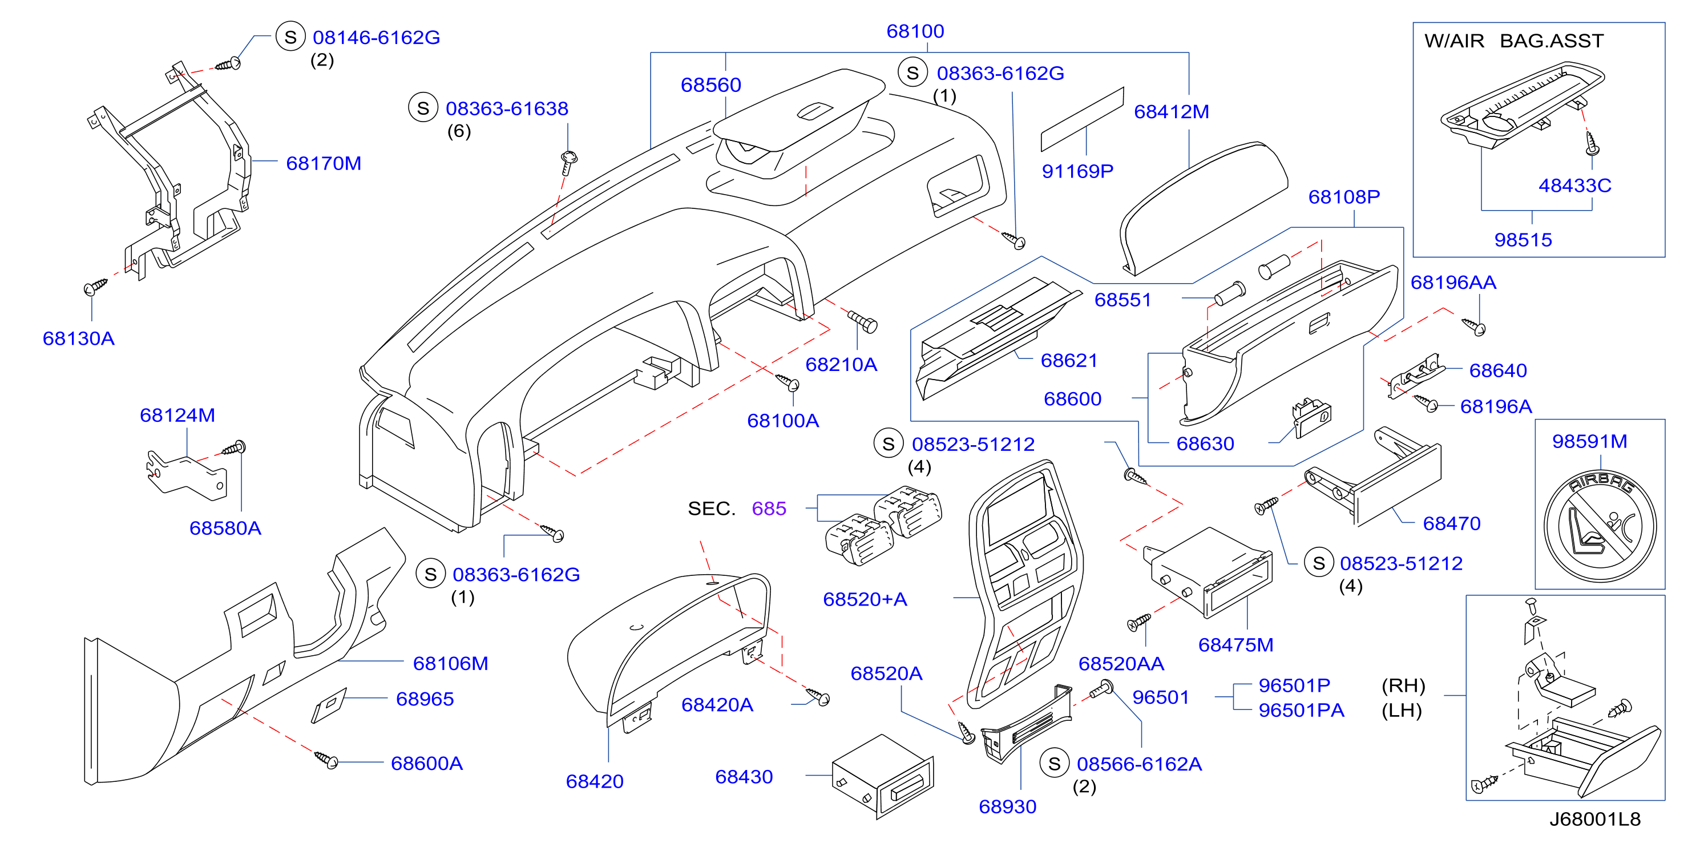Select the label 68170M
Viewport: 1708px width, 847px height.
tap(324, 163)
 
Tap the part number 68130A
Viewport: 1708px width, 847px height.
tap(78, 338)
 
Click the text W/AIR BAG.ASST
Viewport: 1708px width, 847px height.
tap(1514, 41)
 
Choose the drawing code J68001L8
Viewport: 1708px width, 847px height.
tap(1594, 819)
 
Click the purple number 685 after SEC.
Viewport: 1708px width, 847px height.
tap(769, 509)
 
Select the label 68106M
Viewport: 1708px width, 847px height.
tap(450, 663)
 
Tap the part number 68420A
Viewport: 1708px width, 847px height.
tap(717, 704)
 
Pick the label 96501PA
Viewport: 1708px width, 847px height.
tap(1301, 711)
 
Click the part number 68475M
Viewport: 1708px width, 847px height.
tap(1236, 645)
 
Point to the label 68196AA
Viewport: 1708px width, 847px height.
tap(1453, 283)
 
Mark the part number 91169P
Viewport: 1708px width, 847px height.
tap(1077, 171)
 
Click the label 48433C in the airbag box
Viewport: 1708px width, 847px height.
tap(1574, 185)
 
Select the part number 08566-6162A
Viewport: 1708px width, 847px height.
tap(1139, 764)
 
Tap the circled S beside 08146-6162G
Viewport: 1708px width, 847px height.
tap(290, 37)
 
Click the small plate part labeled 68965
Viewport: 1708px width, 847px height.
tap(329, 705)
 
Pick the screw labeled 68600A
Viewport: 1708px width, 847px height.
tap(326, 760)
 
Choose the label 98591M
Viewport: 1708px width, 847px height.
tap(1589, 441)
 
